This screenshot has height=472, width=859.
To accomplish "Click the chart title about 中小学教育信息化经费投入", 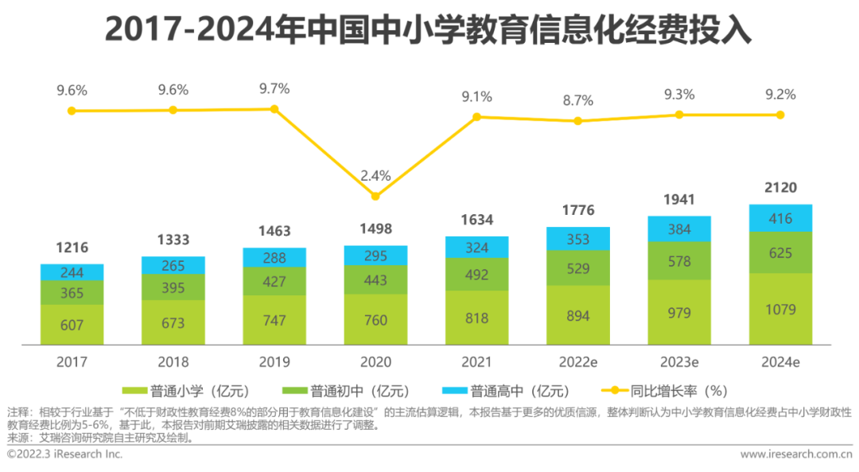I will (429, 29).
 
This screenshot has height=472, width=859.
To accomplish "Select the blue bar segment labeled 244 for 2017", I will (72, 272).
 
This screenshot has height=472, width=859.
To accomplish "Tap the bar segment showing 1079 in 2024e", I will (780, 310).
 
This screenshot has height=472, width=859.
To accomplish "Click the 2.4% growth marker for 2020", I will (375, 196).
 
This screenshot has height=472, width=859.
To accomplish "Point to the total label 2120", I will (780, 188).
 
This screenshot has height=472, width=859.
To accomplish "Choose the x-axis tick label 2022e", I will (577, 361).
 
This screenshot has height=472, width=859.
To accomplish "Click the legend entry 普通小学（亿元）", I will (187, 391).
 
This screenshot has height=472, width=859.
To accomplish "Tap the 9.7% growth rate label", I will (274, 88).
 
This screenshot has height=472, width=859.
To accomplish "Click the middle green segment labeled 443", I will (375, 280).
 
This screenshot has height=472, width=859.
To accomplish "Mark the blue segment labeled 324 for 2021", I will (476, 248).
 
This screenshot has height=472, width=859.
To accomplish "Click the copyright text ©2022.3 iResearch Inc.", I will (65, 454).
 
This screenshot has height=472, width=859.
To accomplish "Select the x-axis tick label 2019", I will (274, 361).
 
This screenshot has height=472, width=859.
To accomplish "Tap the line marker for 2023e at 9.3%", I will (678, 115).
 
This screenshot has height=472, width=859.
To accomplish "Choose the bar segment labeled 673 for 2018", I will (173, 323).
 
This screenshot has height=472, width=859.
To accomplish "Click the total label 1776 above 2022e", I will (577, 211).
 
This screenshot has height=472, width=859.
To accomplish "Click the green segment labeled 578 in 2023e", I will (678, 260).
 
